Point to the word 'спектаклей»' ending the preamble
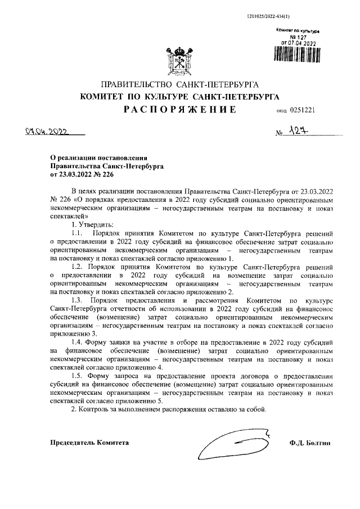69,215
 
